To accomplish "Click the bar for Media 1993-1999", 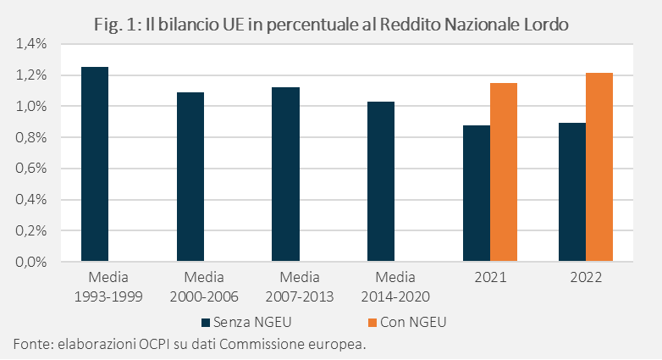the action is pyautogui.click(x=95, y=164).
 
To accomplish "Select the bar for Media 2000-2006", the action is pyautogui.click(x=190, y=177).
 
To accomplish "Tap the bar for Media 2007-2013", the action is pyautogui.click(x=286, y=174).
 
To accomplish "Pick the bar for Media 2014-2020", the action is pyautogui.click(x=381, y=181).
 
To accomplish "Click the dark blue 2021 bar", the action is pyautogui.click(x=477, y=193).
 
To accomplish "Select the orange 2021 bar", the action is pyautogui.click(x=504, y=172).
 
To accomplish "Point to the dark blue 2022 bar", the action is pyautogui.click(x=572, y=191).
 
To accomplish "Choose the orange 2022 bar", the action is pyautogui.click(x=599, y=167).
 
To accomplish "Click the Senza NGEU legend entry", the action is pyautogui.click(x=246, y=323).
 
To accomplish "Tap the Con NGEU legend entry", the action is pyautogui.click(x=407, y=323).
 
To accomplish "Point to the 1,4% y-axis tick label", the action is pyautogui.click(x=31, y=43).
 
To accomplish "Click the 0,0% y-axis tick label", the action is pyautogui.click(x=31, y=262).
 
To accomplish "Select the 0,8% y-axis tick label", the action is pyautogui.click(x=31, y=137).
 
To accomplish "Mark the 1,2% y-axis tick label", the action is pyautogui.click(x=31, y=75).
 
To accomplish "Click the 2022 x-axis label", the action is pyautogui.click(x=586, y=277).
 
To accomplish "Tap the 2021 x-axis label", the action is pyautogui.click(x=490, y=277).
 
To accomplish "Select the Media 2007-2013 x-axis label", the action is pyautogui.click(x=300, y=287).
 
